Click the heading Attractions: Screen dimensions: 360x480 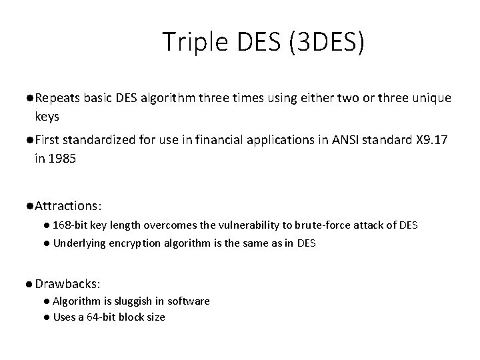coord(68,203)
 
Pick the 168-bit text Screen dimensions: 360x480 coord(72,225)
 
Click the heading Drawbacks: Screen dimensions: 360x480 coord(67,284)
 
